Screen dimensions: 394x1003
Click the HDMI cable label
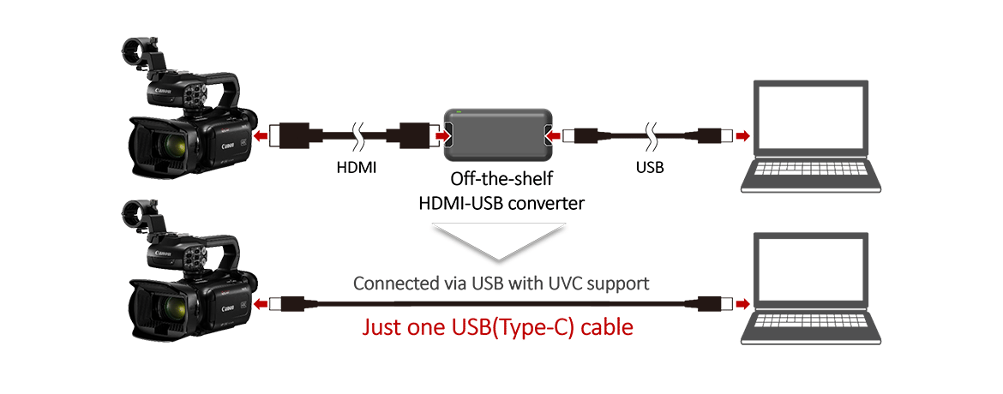click(x=357, y=169)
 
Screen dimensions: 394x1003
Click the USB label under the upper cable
click(x=648, y=169)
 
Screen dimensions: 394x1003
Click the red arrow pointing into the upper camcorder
click(x=262, y=134)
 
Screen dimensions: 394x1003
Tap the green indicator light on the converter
click(x=461, y=112)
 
